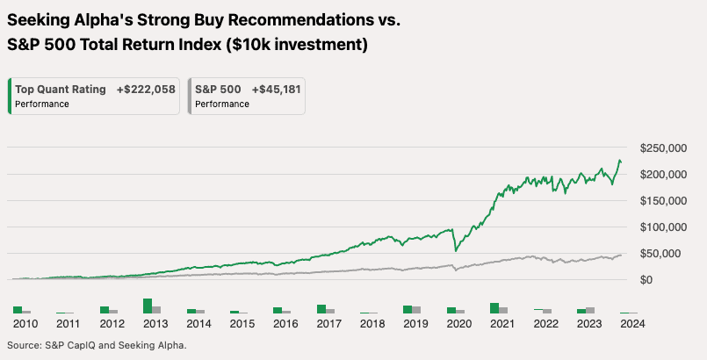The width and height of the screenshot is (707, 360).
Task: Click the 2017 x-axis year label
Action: (328, 323)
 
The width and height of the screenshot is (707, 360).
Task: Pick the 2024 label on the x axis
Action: (631, 323)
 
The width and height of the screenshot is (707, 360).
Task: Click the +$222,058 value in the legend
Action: (146, 89)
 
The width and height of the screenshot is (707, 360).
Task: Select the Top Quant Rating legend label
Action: (61, 89)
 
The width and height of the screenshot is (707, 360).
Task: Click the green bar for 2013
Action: (148, 306)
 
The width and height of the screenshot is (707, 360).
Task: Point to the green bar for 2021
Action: (494, 308)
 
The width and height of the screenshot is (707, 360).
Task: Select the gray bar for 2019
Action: (416, 310)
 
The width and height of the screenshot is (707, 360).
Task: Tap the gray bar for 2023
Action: (590, 310)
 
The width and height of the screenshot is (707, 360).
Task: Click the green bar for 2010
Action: (18, 310)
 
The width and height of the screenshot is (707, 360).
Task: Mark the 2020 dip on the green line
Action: (455, 251)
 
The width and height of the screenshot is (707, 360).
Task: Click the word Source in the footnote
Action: (27, 346)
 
